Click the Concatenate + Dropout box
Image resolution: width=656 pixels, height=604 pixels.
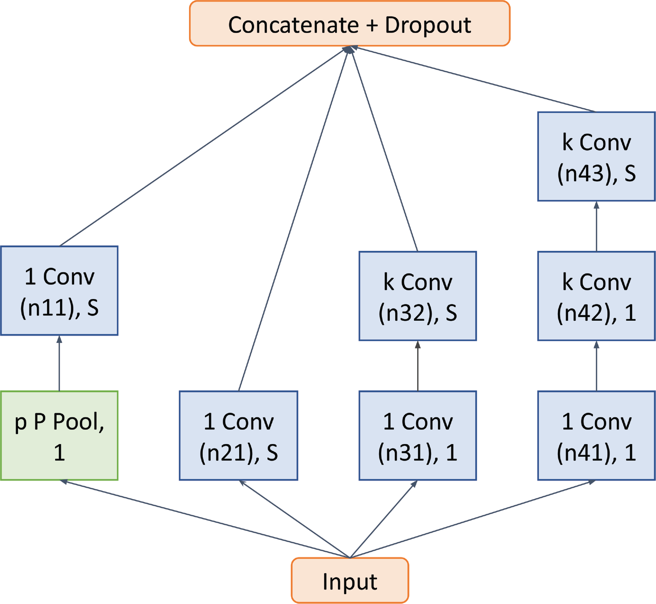coord(349,24)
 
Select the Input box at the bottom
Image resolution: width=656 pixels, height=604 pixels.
coord(349,580)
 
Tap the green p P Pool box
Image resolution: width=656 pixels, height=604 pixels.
coord(59,435)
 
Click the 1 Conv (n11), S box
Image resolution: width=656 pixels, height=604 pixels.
coord(59,291)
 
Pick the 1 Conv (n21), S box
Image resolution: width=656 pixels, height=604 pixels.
coord(238,435)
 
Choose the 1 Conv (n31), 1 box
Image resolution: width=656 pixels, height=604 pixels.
coord(418,435)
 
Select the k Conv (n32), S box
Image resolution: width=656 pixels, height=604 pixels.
coord(418,296)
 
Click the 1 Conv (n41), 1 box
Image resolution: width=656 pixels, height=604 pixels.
coord(596,435)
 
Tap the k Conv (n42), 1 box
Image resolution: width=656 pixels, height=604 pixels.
coord(596,296)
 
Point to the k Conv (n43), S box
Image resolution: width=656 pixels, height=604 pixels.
coord(596,156)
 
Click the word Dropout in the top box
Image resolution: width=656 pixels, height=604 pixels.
coord(428,25)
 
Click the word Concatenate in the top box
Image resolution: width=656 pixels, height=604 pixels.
coord(294,25)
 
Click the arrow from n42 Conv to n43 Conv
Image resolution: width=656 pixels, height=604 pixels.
coord(596,226)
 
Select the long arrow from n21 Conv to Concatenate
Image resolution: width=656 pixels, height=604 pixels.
coord(294,219)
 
